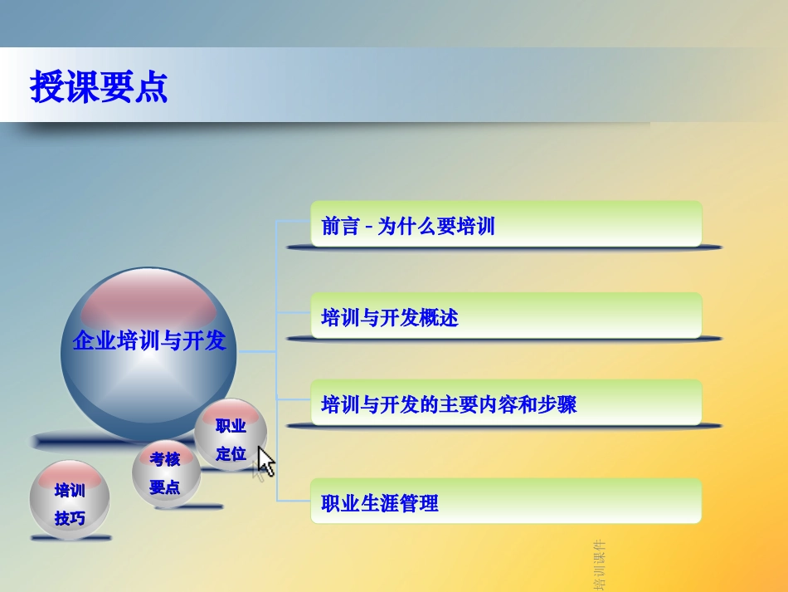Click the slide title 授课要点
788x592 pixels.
tap(99, 86)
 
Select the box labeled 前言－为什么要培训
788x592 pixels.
tap(506, 225)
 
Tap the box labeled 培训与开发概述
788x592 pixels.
tap(506, 316)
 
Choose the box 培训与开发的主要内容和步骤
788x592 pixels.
tap(506, 404)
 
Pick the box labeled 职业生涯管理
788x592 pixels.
tap(506, 501)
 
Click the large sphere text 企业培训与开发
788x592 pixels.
tap(149, 340)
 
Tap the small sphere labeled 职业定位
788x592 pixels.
tap(231, 438)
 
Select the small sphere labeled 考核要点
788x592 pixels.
tap(165, 473)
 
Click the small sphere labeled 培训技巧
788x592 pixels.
tap(70, 504)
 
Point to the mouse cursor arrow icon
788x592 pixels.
tap(265, 461)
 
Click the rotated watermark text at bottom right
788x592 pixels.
tap(599, 565)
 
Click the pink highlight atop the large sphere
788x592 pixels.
tap(148, 300)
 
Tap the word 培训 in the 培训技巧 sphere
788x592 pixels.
tap(70, 490)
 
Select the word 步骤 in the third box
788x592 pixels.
tap(558, 404)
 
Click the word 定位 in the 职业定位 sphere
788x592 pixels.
tap(231, 453)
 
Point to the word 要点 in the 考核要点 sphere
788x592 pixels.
tap(165, 487)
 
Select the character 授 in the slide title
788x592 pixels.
tap(46, 86)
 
